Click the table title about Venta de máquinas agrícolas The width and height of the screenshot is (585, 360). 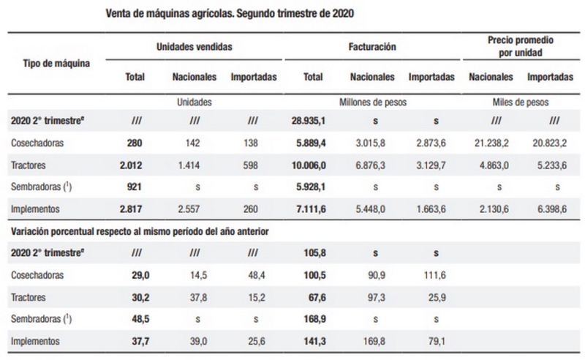233,14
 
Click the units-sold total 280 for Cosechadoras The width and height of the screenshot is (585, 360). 135,143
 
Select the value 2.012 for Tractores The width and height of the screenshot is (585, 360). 132,165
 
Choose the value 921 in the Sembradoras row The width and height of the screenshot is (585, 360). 135,187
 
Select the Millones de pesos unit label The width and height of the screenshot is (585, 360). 373,103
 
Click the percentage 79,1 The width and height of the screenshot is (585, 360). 434,340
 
